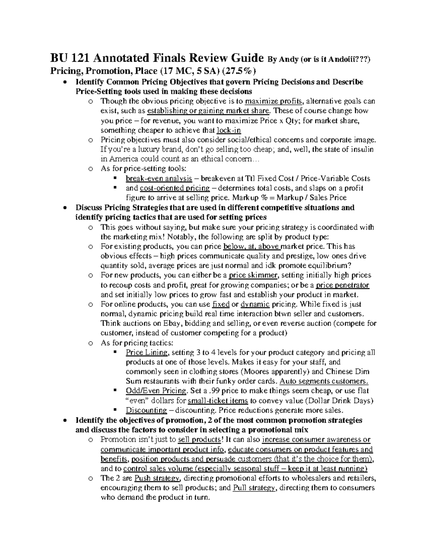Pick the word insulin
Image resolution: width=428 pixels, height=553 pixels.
coord(362,149)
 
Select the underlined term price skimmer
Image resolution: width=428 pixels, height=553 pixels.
coord(255,275)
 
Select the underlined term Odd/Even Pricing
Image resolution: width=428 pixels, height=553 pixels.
coord(156,391)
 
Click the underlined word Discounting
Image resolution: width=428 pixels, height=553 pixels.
coord(146,410)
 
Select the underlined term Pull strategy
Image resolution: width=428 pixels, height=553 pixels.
coord(254,487)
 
